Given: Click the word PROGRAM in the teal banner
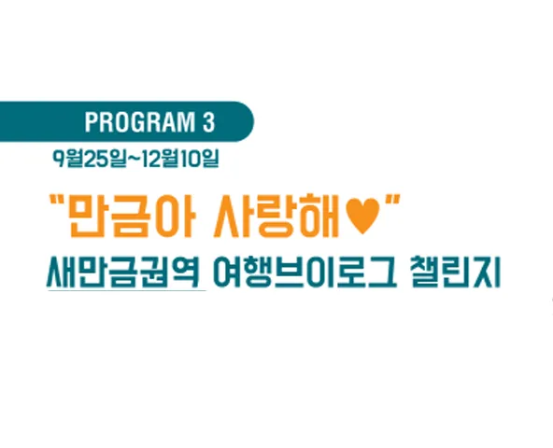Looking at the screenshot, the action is point(140,122).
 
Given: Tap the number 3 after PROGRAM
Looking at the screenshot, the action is point(209,122).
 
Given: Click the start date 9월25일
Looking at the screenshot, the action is point(90,159).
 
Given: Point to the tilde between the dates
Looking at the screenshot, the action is point(134,159).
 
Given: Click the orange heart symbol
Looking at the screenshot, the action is point(362,217).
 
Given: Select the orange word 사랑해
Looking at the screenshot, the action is point(276,216).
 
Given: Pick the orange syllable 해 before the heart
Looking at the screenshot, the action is point(319,216).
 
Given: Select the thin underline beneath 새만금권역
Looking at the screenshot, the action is point(127,291).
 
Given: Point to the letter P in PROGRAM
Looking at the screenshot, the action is point(91,122).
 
